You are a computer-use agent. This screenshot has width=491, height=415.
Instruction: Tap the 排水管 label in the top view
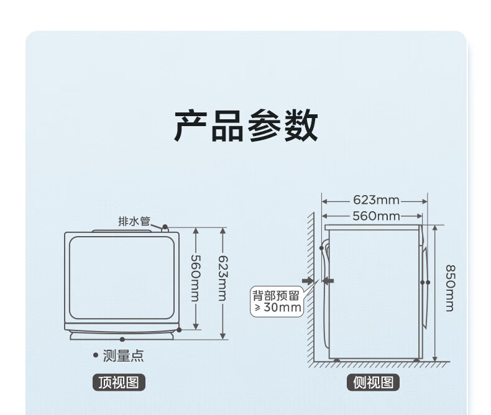point(135,221)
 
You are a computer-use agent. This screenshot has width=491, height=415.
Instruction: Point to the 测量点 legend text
point(123,356)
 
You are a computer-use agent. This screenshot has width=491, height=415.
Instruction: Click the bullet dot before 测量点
point(96,356)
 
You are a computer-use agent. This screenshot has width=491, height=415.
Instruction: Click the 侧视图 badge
point(374,383)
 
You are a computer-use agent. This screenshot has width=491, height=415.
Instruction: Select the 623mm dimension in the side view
point(375,200)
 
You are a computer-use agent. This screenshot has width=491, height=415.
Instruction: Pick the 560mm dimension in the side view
point(375,216)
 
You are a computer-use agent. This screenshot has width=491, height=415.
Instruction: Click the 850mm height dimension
point(449,288)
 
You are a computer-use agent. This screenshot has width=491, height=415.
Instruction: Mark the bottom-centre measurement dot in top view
point(122,339)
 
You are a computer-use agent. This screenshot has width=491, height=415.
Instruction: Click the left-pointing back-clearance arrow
point(328,281)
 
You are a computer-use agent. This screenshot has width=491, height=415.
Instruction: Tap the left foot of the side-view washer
point(336,359)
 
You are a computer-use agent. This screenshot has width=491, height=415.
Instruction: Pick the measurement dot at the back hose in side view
point(321,248)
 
